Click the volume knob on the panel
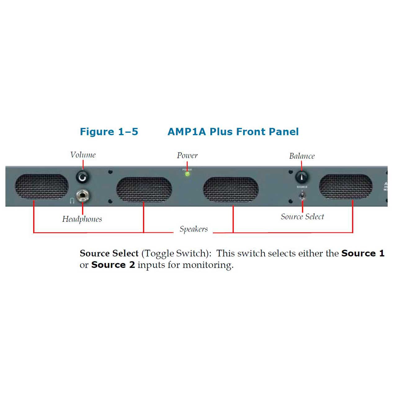click(x=83, y=177)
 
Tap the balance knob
click(x=301, y=177)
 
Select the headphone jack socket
click(x=83, y=196)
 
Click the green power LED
click(x=187, y=174)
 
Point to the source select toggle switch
click(x=302, y=196)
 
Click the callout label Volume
click(x=83, y=155)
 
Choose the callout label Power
click(x=187, y=155)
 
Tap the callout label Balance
click(x=302, y=156)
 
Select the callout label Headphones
click(x=82, y=219)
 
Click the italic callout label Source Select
click(x=302, y=216)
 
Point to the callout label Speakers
click(x=194, y=229)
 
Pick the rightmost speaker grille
click(x=346, y=186)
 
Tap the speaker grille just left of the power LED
click(x=144, y=190)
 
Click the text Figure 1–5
click(x=109, y=132)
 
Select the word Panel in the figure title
click(x=283, y=132)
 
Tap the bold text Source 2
click(x=113, y=265)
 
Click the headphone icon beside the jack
click(x=72, y=201)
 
